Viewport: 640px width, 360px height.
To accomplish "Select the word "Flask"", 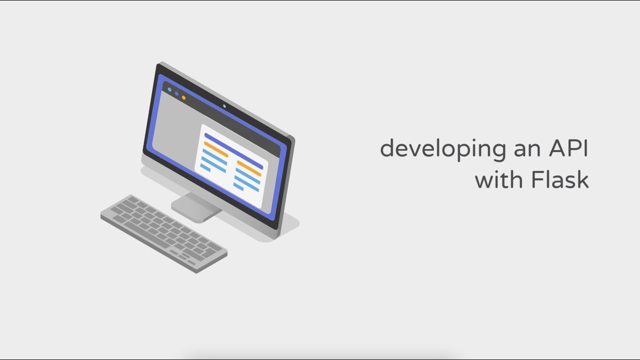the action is tap(560, 179).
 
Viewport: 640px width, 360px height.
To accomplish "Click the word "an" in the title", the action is tap(527, 150).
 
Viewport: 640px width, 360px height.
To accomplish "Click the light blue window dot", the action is tap(169, 89).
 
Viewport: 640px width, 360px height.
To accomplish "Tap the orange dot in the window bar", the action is tap(183, 97).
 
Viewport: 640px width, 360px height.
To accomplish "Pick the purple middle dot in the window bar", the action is tap(176, 93).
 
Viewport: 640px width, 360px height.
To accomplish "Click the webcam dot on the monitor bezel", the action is tap(224, 106).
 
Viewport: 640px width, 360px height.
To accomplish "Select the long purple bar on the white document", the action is tap(233, 151).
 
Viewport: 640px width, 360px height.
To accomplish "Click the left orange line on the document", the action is tap(216, 149).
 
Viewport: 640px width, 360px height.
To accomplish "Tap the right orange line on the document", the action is tap(249, 168).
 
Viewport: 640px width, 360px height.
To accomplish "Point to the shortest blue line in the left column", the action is tap(205, 167).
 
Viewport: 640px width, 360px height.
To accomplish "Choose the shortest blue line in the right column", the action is tap(238, 187).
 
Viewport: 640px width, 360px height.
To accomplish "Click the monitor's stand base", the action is tap(196, 207).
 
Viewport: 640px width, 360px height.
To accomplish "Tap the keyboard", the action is tap(164, 233).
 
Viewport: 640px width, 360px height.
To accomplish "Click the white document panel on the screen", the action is tap(231, 165).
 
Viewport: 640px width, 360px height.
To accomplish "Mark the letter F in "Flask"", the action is tap(537, 179).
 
